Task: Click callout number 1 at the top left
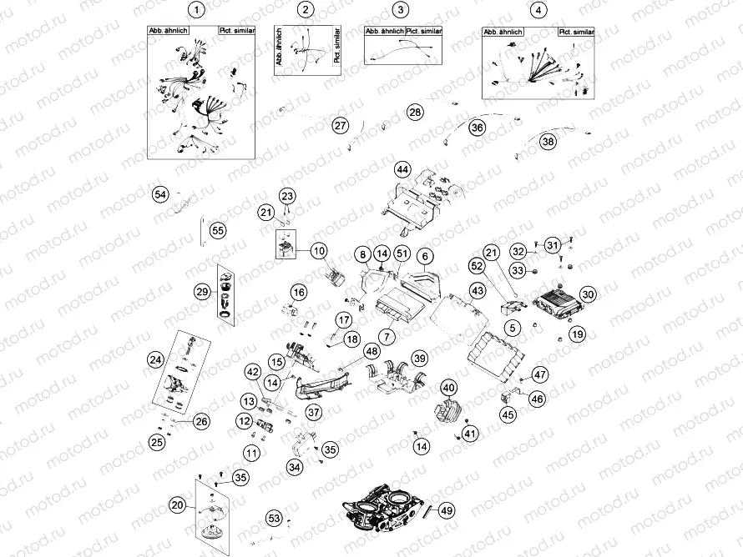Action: click(x=196, y=10)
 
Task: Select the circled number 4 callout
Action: click(x=539, y=10)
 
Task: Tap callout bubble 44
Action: click(x=403, y=169)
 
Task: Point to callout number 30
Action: click(x=589, y=294)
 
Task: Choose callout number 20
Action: click(x=176, y=504)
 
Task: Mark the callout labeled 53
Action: click(x=275, y=519)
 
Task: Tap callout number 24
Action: click(x=155, y=360)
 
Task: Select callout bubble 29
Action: click(x=202, y=291)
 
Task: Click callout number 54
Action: click(x=160, y=194)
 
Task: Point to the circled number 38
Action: click(x=548, y=142)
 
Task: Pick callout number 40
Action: click(x=448, y=388)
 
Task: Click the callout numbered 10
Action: click(x=318, y=249)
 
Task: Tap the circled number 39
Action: click(x=420, y=358)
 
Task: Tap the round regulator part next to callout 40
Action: click(x=440, y=413)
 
